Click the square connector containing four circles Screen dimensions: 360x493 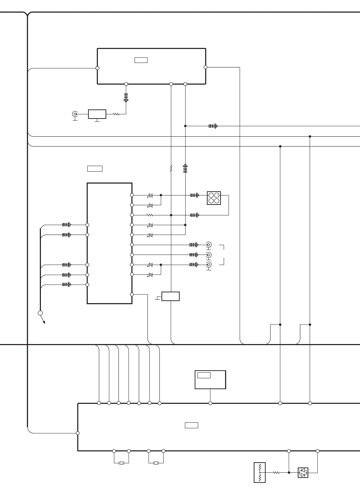tap(214, 198)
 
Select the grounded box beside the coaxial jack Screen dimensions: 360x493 tap(97, 114)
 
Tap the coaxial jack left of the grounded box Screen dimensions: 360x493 tap(75, 114)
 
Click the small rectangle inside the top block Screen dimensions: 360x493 tap(141, 60)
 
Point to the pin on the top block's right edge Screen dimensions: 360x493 tap(206, 67)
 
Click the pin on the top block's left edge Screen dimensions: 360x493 tap(98, 68)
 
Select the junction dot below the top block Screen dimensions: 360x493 tap(185, 126)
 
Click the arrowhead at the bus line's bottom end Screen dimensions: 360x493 tap(44, 322)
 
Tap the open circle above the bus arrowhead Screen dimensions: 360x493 tap(40, 313)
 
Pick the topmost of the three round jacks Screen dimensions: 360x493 tap(209, 245)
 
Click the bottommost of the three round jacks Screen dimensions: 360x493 tap(209, 264)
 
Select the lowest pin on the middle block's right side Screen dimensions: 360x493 tap(132, 294)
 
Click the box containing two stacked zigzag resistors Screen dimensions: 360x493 tap(260, 473)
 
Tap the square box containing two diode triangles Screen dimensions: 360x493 tap(303, 473)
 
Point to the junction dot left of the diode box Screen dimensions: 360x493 tap(289, 472)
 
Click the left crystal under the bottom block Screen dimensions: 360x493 tap(121, 463)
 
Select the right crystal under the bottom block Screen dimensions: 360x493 tap(156, 463)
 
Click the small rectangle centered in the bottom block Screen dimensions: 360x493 tap(192, 425)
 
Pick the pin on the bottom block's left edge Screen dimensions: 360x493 tap(78, 433)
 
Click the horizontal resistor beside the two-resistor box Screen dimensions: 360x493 tap(276, 472)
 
